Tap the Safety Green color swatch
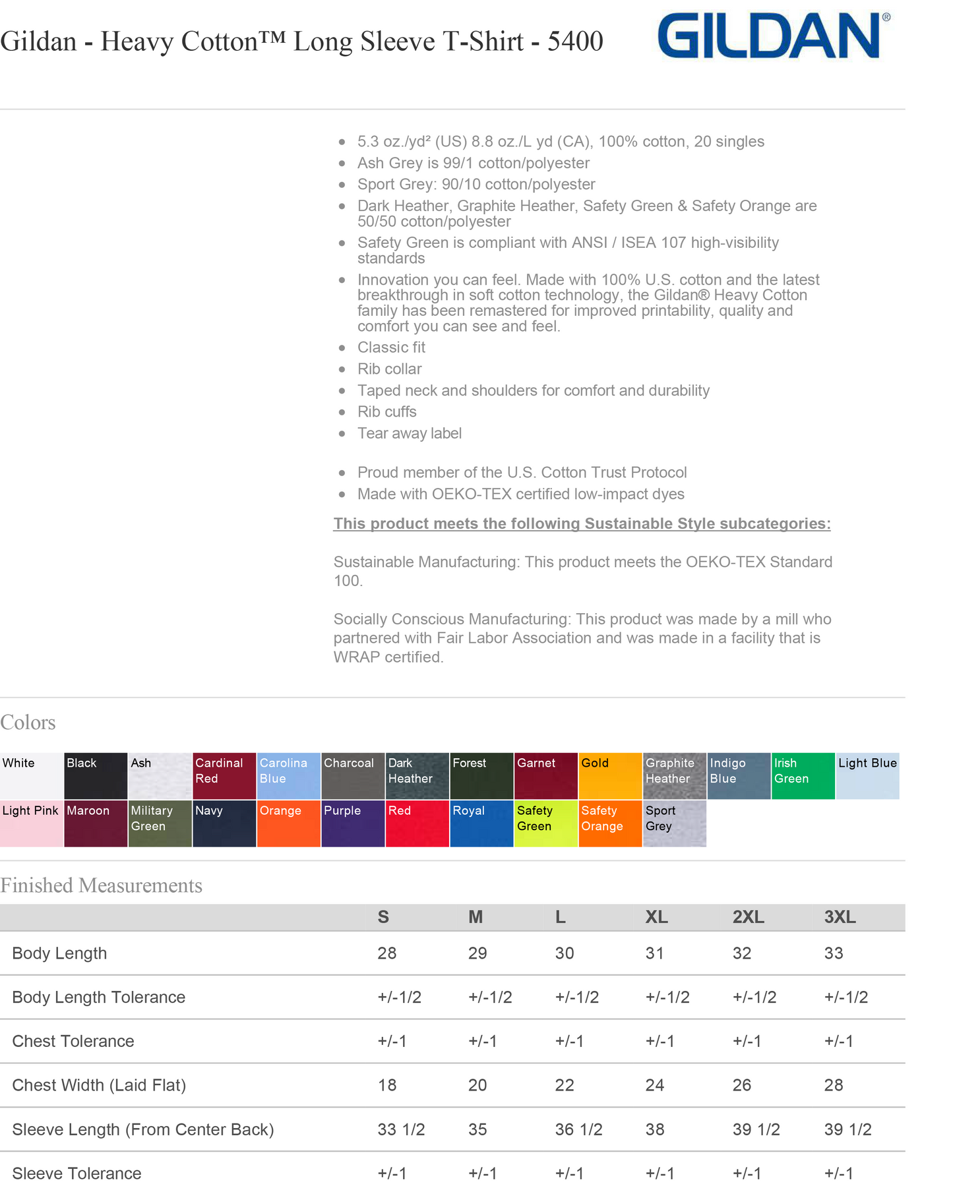tap(545, 823)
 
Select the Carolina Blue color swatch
tap(288, 775)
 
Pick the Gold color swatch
tap(609, 775)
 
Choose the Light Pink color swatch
tap(31, 823)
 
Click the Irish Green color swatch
tap(803, 775)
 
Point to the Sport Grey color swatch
tap(673, 823)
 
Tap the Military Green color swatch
tap(160, 823)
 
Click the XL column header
tap(656, 917)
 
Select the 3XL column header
tap(840, 917)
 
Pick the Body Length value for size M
tap(477, 953)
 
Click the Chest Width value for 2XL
tap(742, 1085)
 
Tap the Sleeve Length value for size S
tap(401, 1129)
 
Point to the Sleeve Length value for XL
tap(655, 1129)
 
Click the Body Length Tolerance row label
tap(99, 997)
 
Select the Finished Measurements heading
tap(101, 885)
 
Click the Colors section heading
tap(28, 723)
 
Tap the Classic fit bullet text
tap(391, 347)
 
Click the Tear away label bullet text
tap(409, 433)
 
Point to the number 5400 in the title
tap(575, 42)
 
